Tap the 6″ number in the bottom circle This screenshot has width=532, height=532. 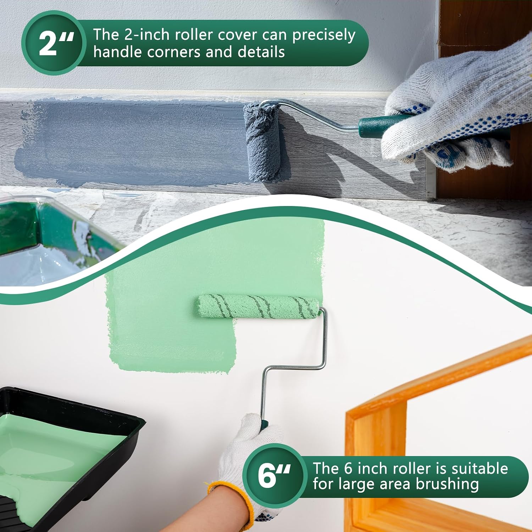274,475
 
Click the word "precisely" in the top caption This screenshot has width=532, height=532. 323,35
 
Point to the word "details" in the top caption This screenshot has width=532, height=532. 261,52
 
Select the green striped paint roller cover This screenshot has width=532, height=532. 258,306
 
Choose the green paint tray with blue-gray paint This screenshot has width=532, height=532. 46,238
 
